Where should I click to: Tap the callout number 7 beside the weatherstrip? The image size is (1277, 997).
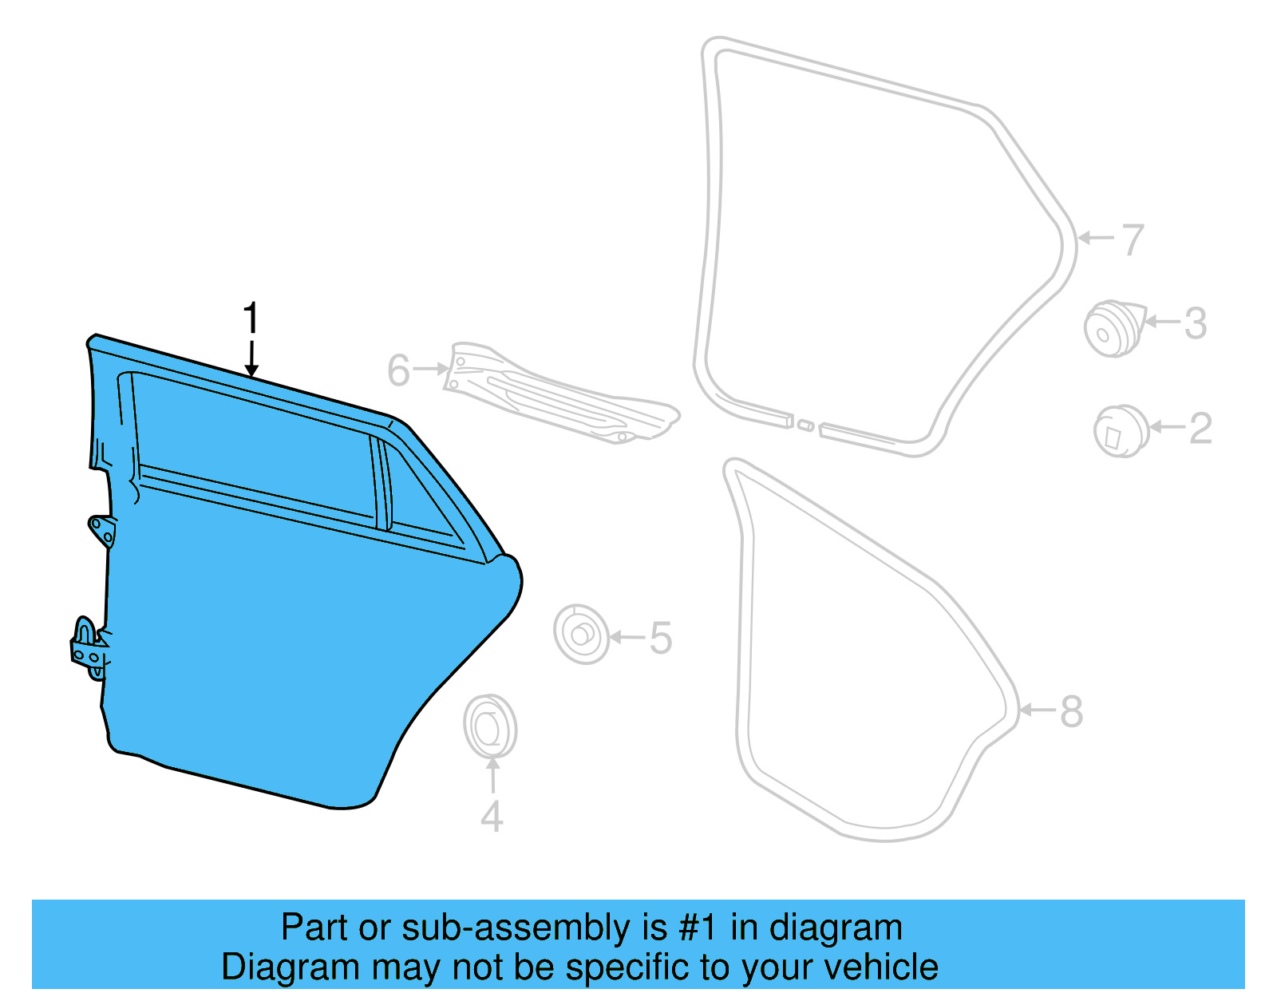1133,239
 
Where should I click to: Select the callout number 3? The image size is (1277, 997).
1195,323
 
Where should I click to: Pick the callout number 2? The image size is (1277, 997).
1200,429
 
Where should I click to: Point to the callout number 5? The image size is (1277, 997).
660,639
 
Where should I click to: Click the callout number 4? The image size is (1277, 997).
492,816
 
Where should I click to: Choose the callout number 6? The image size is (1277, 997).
398,370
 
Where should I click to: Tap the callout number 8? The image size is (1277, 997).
1071,711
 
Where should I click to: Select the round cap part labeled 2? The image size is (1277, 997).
1121,432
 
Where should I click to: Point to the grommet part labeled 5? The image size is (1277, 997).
581,635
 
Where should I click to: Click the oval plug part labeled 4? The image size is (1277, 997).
490,726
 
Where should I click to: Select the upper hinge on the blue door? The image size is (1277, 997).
101,530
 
